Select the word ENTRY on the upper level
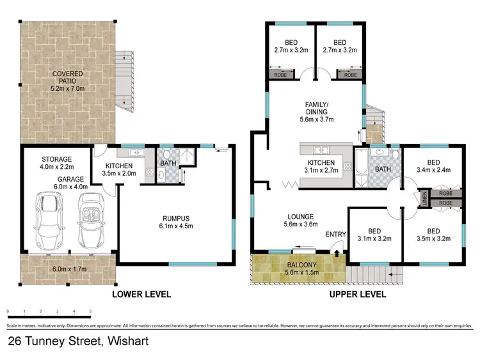[x=335, y=235]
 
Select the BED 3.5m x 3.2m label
[x=433, y=235]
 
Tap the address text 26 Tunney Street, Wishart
[x=78, y=341]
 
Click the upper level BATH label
[x=382, y=169]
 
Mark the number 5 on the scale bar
[x=90, y=312]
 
